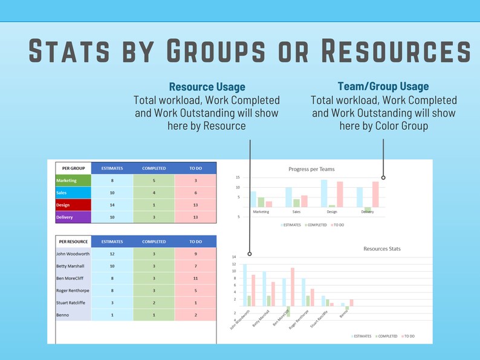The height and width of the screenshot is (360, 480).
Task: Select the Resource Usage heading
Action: point(207,87)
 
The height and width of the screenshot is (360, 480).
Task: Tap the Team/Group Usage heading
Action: point(383,86)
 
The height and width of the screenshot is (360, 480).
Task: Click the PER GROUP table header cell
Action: point(73,168)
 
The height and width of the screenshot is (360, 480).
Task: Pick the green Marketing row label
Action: point(73,180)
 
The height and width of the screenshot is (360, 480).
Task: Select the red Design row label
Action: point(73,205)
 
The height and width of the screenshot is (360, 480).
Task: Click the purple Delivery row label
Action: point(73,217)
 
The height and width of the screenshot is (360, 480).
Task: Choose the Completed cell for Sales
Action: point(154,193)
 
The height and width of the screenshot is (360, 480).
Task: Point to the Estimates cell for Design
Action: point(112,205)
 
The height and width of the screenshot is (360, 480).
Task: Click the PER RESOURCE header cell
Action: point(73,242)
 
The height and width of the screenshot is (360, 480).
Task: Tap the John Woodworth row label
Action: point(73,254)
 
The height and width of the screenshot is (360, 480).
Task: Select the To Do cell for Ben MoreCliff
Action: point(195,278)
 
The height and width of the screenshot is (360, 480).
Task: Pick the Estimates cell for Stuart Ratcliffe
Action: point(112,303)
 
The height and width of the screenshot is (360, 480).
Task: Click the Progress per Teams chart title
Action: point(311,169)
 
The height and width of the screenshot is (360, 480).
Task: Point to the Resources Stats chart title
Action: point(381,248)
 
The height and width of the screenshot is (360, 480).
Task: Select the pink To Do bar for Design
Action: point(340,194)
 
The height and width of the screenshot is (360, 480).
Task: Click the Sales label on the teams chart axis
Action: point(296,212)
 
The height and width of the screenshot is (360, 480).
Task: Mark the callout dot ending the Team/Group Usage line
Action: point(383,178)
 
